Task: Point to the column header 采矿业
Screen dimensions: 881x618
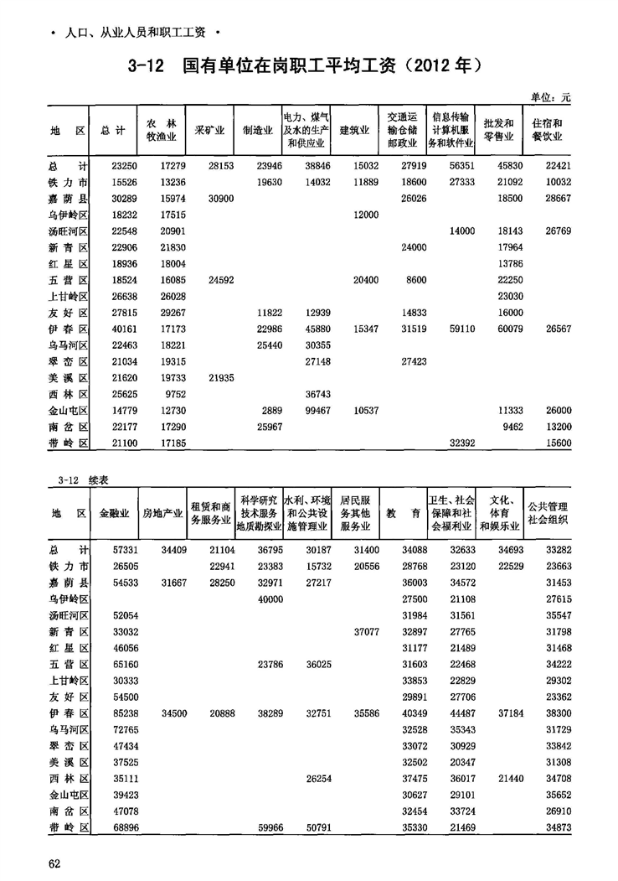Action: pyautogui.click(x=209, y=131)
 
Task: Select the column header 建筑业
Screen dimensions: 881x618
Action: pyautogui.click(x=354, y=131)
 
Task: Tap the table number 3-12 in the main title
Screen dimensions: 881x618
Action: pyautogui.click(x=149, y=65)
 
